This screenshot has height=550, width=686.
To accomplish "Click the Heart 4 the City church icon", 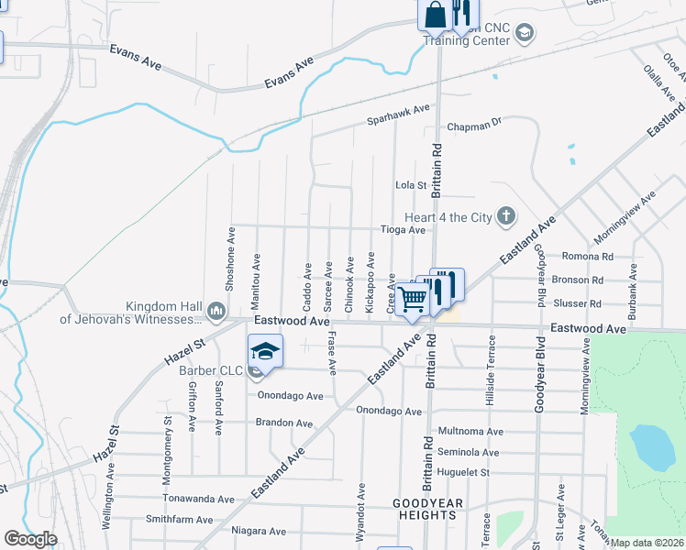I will (505, 217).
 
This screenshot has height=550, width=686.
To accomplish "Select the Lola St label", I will (411, 185).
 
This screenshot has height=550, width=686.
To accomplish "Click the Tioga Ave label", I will (404, 230).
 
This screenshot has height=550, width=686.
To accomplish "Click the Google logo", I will (30, 539).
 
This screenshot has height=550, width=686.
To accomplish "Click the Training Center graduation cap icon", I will (524, 35).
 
